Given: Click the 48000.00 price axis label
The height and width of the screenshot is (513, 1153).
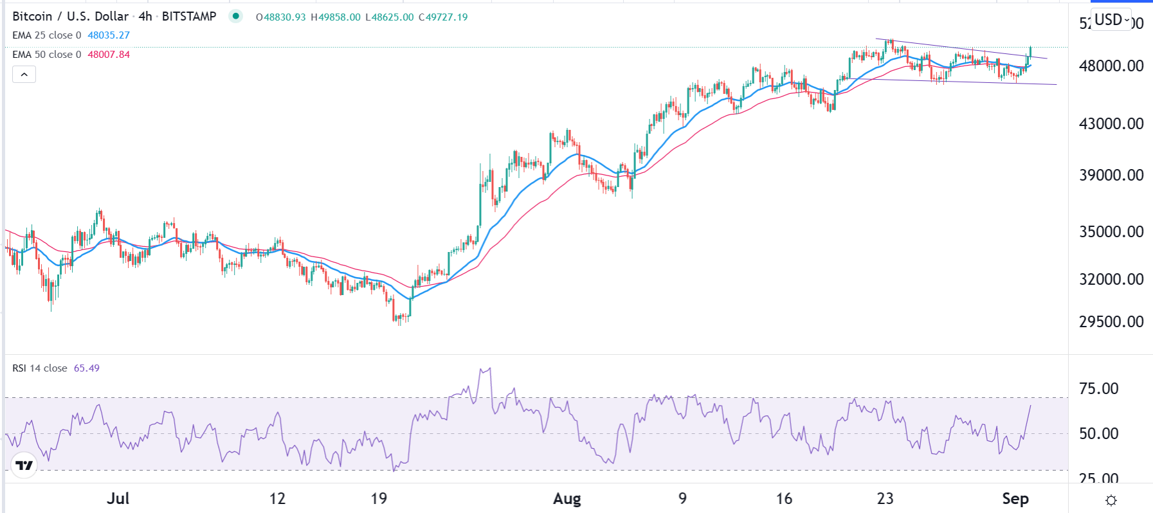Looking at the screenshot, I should point(1111,66).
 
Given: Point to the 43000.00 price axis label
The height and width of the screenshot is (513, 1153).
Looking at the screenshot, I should point(1111,123).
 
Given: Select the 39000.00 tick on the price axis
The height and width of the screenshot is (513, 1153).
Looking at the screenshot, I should point(1111,175).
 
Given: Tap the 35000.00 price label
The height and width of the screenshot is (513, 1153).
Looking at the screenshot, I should point(1111,231).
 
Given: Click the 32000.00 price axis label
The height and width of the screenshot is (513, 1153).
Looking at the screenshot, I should point(1111,279).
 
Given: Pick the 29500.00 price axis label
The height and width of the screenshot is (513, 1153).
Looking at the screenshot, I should point(1111,321).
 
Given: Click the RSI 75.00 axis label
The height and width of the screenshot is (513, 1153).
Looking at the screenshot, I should point(1098,388).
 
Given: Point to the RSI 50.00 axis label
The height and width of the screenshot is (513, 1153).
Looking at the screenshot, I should point(1098,433).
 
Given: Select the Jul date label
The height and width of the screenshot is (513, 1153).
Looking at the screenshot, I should point(118,499).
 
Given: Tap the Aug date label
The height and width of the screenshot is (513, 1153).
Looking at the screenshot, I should point(567,499).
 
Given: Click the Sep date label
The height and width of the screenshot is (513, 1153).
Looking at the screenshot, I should point(1015,499).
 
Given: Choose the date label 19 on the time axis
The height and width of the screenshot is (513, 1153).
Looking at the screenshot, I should point(379,499).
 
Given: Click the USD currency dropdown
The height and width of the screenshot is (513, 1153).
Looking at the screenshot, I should point(1112,20).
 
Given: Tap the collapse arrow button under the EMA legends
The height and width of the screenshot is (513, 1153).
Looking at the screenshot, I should point(24,75).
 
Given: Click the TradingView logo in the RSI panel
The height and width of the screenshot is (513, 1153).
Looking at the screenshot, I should point(24,465).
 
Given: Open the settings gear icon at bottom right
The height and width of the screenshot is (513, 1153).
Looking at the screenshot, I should point(1111,500).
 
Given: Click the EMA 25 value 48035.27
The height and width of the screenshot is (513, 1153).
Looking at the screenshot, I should point(109,35).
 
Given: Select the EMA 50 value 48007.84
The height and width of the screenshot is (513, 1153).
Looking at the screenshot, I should point(109,55).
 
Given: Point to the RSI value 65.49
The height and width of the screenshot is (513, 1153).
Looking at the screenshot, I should point(87,368).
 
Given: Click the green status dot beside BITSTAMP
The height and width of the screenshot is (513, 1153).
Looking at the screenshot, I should point(236,17).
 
